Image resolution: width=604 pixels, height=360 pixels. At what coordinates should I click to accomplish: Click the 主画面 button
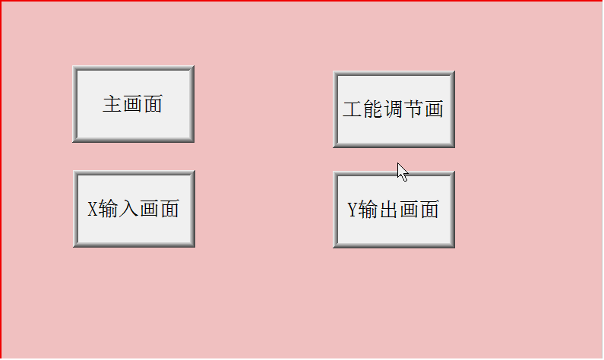tap(133, 104)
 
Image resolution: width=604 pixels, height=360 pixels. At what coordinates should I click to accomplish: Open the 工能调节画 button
tap(394, 109)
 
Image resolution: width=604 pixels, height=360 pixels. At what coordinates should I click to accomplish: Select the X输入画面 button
tap(134, 209)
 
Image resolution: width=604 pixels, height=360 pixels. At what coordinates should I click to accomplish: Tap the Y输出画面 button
tap(394, 210)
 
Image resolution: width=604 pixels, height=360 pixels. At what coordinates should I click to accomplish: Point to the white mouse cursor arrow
tap(403, 172)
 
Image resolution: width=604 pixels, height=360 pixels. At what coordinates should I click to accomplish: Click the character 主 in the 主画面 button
tap(112, 104)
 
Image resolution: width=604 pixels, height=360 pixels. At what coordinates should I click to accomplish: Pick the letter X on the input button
tap(93, 209)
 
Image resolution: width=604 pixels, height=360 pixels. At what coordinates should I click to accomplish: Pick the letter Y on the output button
tap(353, 210)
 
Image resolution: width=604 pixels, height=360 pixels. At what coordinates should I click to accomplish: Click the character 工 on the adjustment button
tap(352, 109)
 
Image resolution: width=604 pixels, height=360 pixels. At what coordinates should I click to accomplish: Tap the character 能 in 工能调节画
tap(372, 109)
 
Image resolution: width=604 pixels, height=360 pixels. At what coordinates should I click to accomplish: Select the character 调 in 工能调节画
tap(394, 109)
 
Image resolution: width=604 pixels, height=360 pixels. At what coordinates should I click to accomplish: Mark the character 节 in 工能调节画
tap(414, 109)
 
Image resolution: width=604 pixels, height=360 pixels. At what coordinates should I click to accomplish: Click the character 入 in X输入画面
tap(128, 209)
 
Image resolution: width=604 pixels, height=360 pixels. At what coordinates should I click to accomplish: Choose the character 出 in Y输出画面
tap(388, 210)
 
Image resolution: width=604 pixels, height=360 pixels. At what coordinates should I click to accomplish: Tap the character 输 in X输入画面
tap(108, 209)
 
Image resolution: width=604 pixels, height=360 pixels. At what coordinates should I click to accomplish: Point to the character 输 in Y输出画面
tap(368, 210)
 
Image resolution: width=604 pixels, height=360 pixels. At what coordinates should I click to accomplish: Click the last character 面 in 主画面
tap(153, 104)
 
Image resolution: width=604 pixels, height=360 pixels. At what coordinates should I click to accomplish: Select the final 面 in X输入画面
tap(169, 209)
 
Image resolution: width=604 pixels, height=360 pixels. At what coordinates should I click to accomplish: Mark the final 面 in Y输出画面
tap(429, 210)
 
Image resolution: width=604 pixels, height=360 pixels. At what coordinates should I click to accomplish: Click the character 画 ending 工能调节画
tap(434, 109)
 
